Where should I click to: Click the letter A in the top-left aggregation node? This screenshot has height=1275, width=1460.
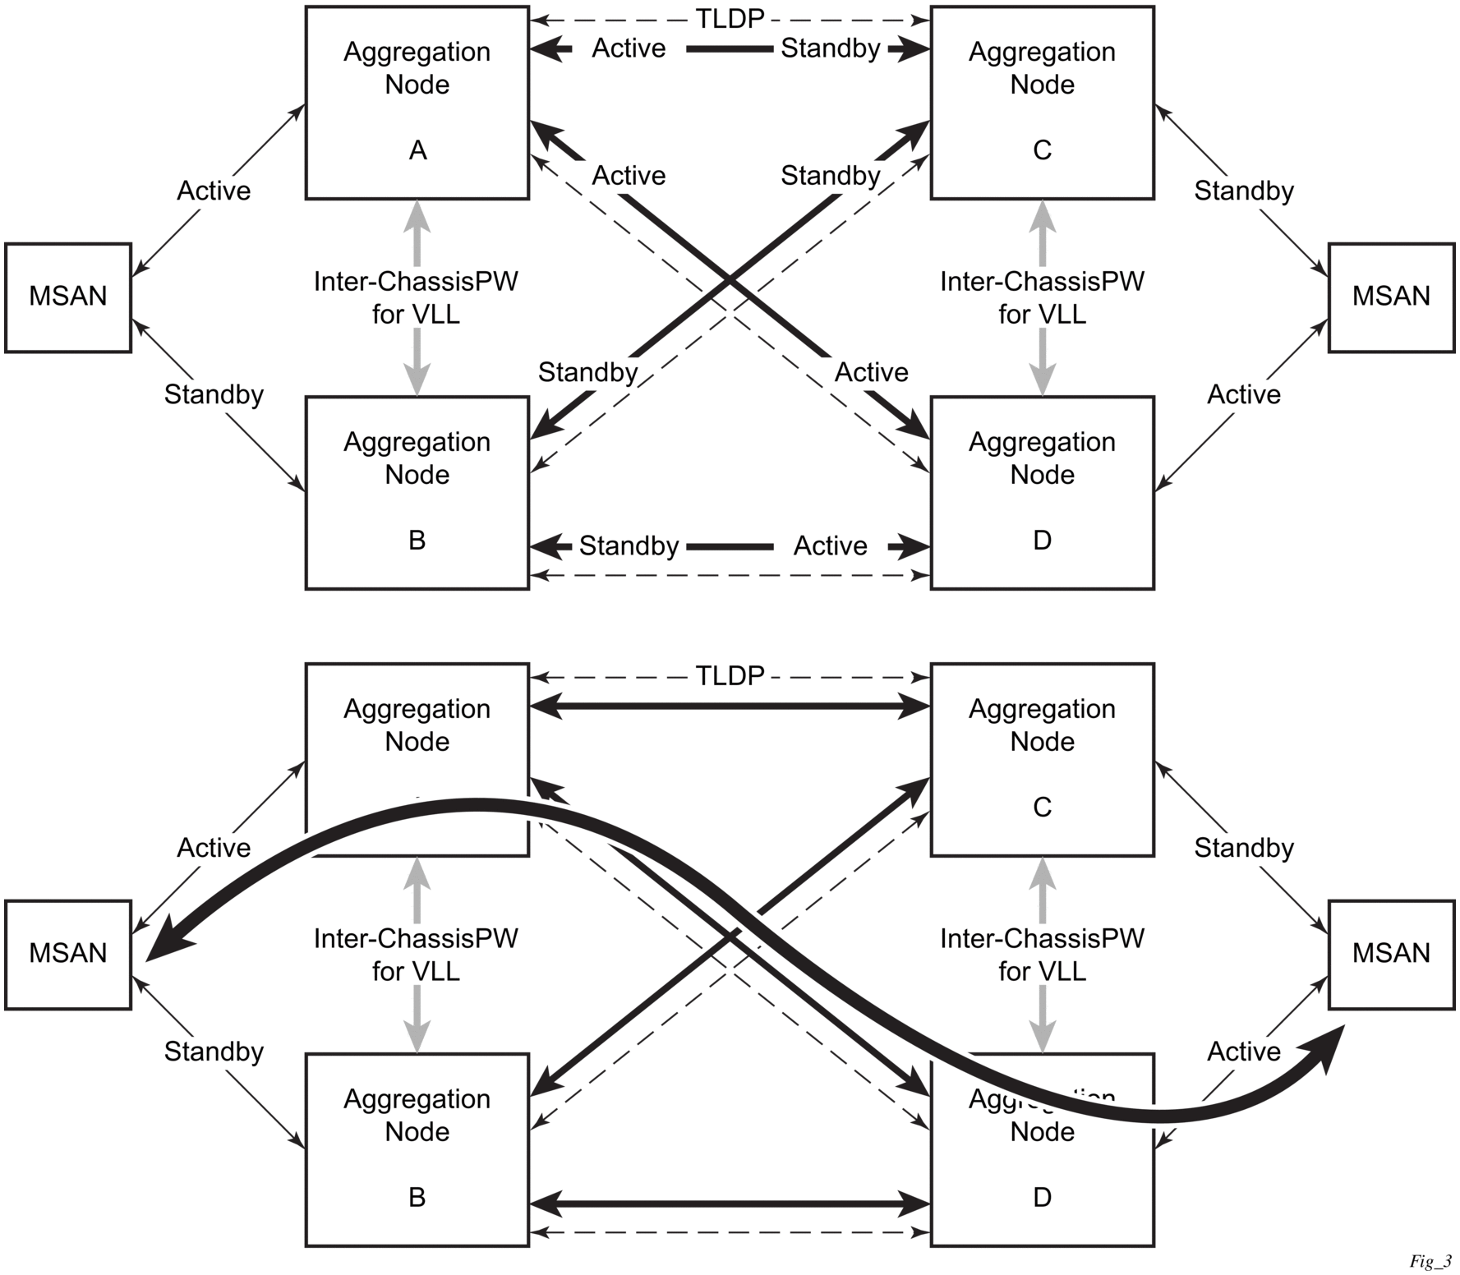[417, 150]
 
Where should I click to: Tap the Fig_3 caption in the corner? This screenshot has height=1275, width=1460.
[1430, 1261]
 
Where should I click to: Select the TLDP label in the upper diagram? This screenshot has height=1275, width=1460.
[730, 18]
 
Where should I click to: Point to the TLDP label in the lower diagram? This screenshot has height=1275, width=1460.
[730, 675]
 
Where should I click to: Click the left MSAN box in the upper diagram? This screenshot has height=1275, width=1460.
[68, 297]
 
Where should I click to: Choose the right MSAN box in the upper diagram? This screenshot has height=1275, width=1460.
[1391, 297]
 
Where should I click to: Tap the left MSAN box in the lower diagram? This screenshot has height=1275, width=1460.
[68, 954]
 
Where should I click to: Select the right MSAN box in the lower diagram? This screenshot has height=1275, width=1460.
[1391, 954]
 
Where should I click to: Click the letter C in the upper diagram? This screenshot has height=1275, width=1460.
[1042, 150]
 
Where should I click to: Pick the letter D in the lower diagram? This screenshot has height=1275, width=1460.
[1042, 1197]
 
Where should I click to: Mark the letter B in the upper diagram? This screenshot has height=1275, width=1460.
[417, 540]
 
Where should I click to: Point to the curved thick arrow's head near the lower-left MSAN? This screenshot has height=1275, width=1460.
[164, 945]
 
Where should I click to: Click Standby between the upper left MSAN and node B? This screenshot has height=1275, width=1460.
[214, 394]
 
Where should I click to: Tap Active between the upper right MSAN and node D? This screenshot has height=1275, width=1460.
[1243, 394]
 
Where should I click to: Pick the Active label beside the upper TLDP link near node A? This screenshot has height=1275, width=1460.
[629, 48]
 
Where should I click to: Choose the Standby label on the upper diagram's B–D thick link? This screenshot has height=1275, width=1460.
[629, 545]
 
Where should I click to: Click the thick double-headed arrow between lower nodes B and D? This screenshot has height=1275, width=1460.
[730, 1204]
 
